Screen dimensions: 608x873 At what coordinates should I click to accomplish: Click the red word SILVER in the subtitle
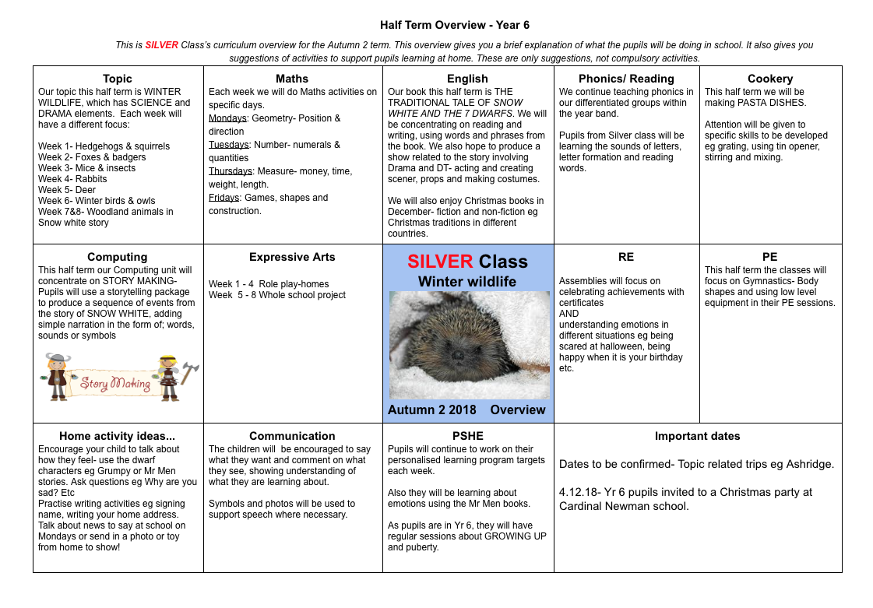(161, 45)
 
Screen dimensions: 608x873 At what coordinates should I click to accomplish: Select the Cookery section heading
(769, 79)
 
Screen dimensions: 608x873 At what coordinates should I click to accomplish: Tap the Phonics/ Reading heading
(626, 79)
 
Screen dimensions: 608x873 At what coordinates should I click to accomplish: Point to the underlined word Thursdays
(231, 171)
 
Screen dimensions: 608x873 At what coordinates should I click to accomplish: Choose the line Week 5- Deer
(66, 190)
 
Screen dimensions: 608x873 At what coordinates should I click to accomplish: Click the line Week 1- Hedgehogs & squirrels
(104, 146)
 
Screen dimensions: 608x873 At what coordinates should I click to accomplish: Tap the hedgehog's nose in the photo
(459, 357)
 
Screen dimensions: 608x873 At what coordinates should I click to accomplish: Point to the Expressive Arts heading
(292, 257)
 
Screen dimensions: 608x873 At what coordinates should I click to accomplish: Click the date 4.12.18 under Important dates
(579, 492)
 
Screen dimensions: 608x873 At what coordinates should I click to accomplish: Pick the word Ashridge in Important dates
(806, 464)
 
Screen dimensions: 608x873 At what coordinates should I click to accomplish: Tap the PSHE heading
(467, 436)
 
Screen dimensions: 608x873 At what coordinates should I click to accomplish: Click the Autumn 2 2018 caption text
(431, 410)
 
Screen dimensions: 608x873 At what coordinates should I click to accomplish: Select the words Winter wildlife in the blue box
(467, 281)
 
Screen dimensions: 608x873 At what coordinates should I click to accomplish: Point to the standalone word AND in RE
(569, 314)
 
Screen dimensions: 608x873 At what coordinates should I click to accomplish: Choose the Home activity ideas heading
(117, 436)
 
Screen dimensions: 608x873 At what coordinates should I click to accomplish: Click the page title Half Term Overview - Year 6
(455, 26)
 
